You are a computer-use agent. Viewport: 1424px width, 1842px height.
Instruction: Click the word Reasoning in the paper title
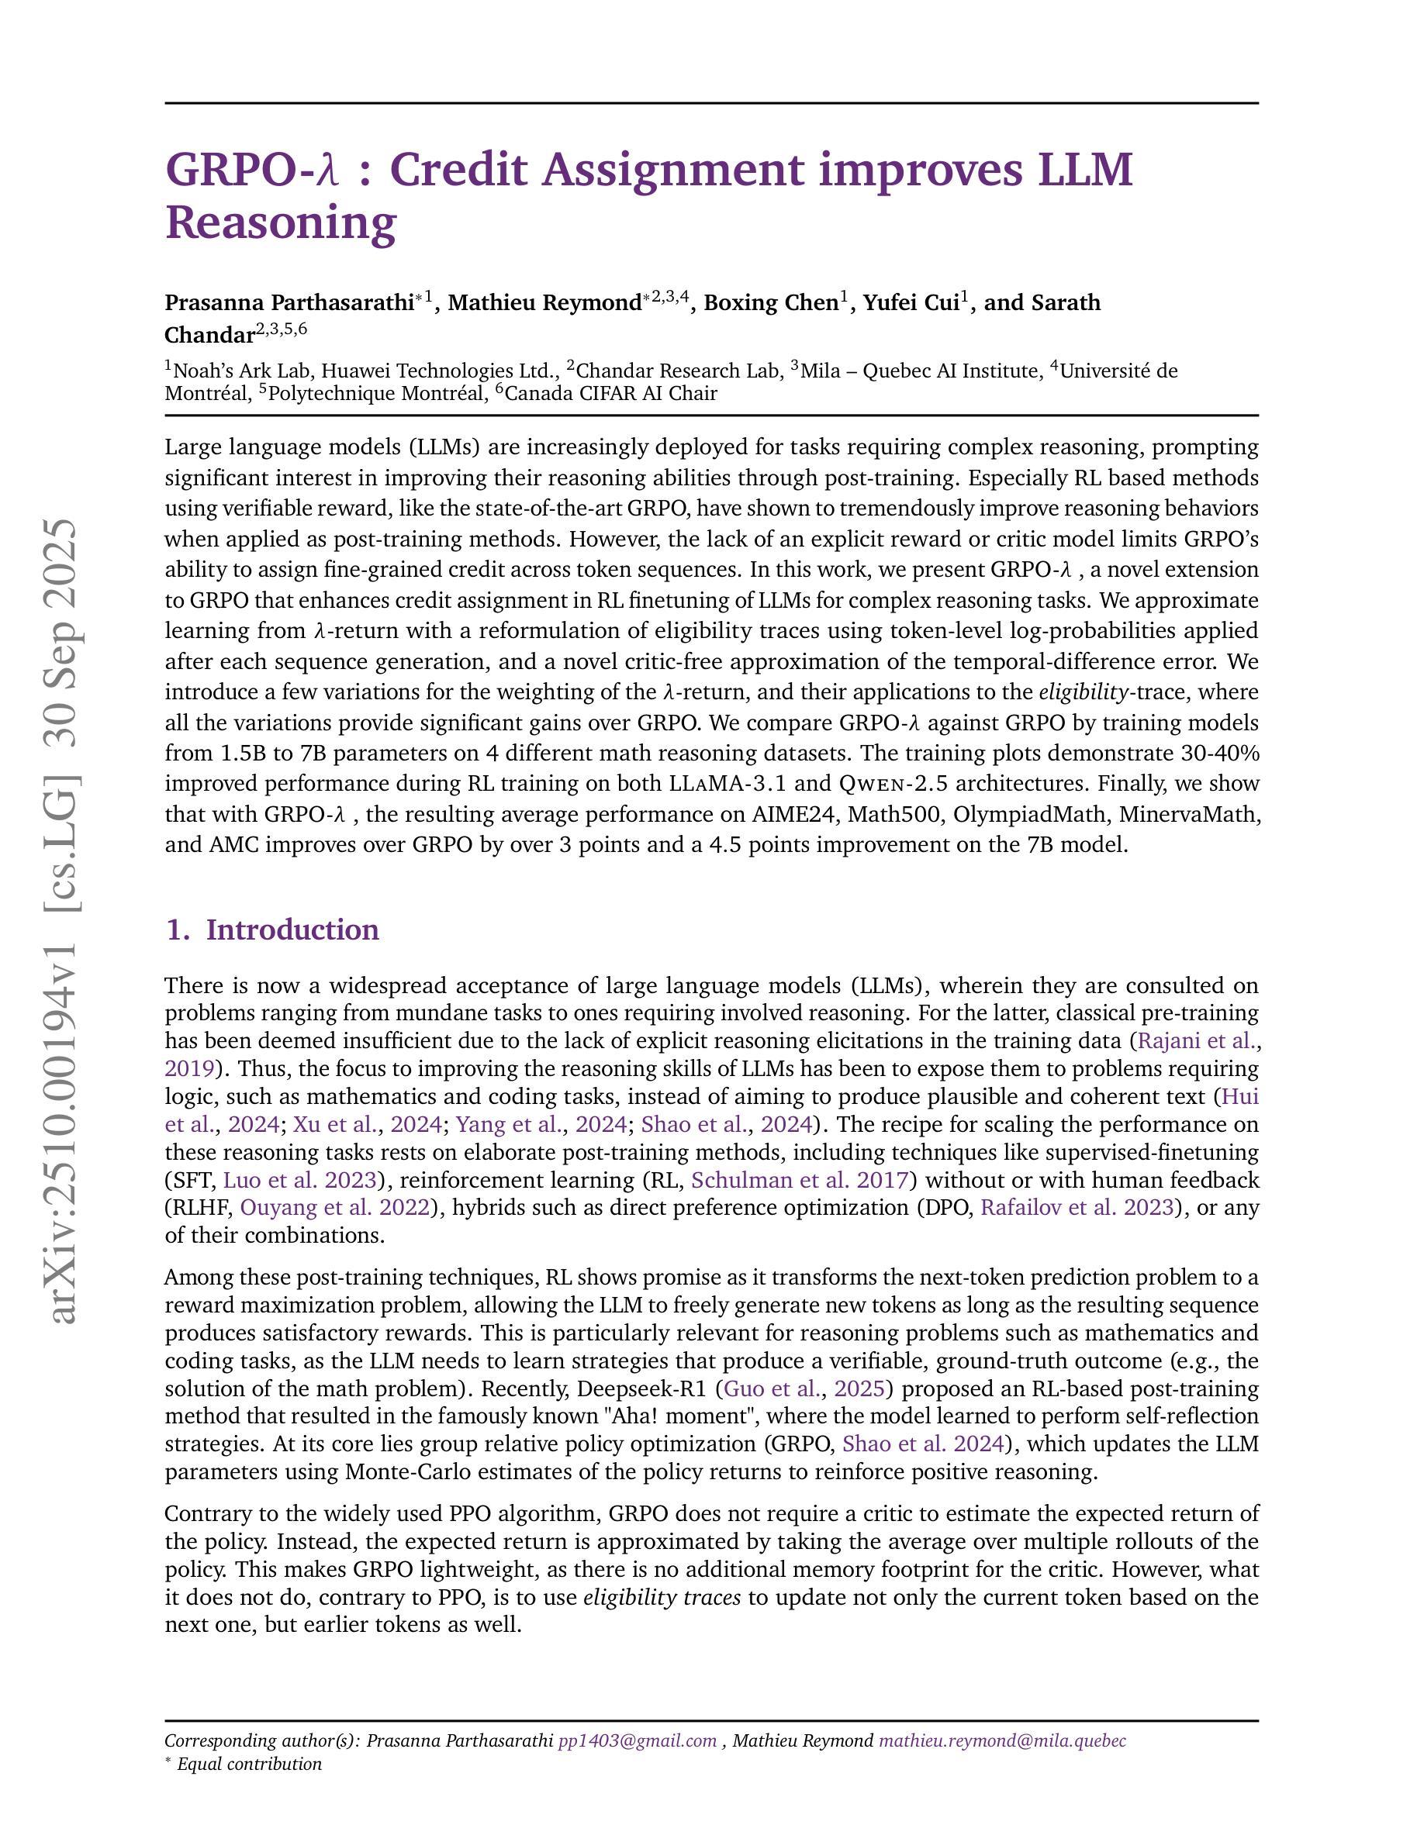(x=280, y=222)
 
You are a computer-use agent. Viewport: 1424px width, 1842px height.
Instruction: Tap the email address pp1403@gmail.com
(x=637, y=1740)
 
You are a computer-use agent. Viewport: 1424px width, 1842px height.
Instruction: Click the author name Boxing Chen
(x=770, y=303)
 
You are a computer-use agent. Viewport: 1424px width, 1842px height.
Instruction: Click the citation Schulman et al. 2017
(x=799, y=1180)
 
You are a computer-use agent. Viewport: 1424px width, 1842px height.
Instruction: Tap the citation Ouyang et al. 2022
(x=335, y=1208)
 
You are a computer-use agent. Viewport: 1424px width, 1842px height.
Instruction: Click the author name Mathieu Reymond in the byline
(x=544, y=303)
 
